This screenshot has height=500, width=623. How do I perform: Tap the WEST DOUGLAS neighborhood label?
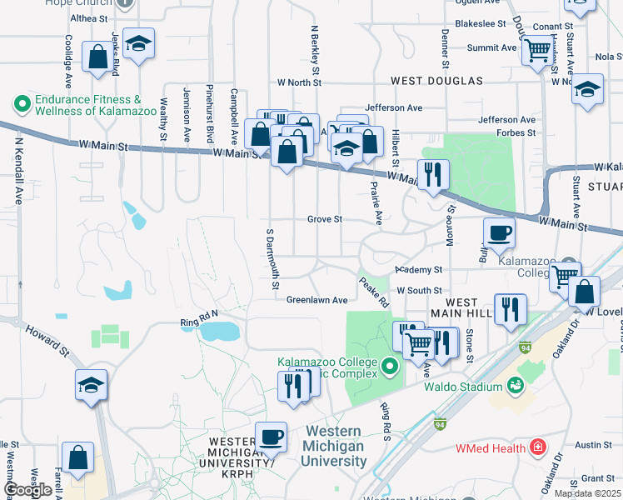[x=437, y=81]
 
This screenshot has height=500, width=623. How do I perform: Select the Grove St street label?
[x=325, y=219]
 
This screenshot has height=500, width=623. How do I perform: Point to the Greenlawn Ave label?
[x=316, y=300]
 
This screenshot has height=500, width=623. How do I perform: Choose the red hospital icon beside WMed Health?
[x=538, y=447]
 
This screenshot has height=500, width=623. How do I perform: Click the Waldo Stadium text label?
[x=462, y=387]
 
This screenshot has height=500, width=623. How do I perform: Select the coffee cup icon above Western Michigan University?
[x=270, y=436]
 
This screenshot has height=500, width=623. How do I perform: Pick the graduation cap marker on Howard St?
[x=91, y=384]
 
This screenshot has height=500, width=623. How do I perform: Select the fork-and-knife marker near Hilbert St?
[x=432, y=174]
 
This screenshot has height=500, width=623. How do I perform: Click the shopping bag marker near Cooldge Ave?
[x=98, y=57]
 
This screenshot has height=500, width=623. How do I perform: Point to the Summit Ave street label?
[x=491, y=47]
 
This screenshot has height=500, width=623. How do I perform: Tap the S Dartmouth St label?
[x=272, y=259]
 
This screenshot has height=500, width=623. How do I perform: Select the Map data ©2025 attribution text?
[x=587, y=493]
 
